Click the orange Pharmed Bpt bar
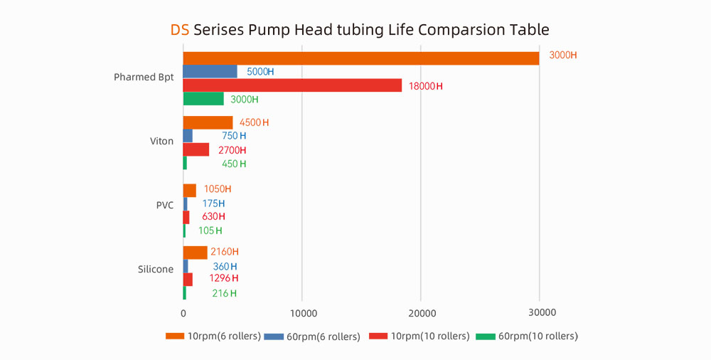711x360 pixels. pyautogui.click(x=361, y=58)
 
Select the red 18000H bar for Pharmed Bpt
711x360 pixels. pyautogui.click(x=292, y=85)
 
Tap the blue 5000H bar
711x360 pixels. pyautogui.click(x=210, y=71)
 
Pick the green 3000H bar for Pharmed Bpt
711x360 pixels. pyautogui.click(x=203, y=99)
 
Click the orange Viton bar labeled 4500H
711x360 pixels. pyautogui.click(x=208, y=122)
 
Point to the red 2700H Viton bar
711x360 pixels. pyautogui.click(x=196, y=149)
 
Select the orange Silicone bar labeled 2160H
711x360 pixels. pyautogui.click(x=195, y=252)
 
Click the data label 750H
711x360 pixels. pyautogui.click(x=234, y=136)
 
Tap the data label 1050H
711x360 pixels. pyautogui.click(x=217, y=189)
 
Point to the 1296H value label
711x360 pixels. pyautogui.click(x=223, y=278)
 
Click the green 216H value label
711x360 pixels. pyautogui.click(x=224, y=293)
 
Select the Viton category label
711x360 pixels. pyautogui.click(x=161, y=141)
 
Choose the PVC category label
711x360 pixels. pyautogui.click(x=164, y=205)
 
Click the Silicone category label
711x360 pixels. pyautogui.click(x=156, y=270)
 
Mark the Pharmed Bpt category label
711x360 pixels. pyautogui.click(x=144, y=77)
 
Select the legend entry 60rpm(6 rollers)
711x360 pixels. pyautogui.click(x=313, y=336)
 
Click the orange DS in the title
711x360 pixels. pyautogui.click(x=180, y=30)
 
